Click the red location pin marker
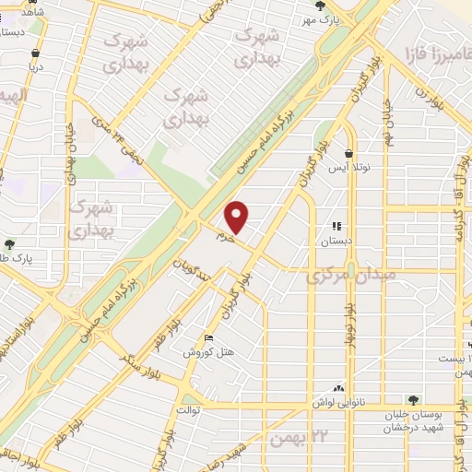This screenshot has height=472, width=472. (x=238, y=217)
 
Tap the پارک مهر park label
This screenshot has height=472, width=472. (x=324, y=18)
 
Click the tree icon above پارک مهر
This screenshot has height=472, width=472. (x=320, y=6)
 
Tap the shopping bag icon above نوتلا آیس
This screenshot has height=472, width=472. (x=348, y=154)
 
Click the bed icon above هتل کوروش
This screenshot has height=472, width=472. (x=210, y=337)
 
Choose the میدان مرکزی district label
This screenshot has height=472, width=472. (x=345, y=275)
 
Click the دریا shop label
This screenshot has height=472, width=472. (x=37, y=66)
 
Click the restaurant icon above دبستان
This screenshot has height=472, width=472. (x=336, y=226)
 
